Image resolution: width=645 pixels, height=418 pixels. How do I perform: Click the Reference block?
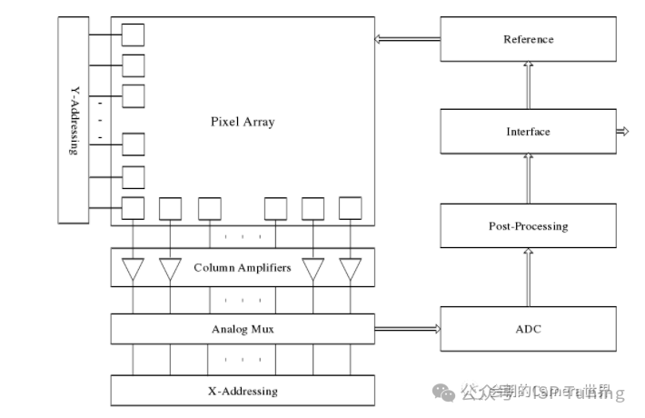[x=528, y=39]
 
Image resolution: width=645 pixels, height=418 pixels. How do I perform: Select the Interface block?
[x=528, y=132]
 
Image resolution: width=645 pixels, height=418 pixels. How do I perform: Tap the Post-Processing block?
[x=528, y=225]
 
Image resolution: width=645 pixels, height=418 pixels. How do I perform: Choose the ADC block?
[x=528, y=329]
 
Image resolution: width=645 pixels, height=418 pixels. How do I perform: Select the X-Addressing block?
[x=242, y=391]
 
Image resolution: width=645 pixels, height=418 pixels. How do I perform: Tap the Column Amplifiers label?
[x=243, y=268]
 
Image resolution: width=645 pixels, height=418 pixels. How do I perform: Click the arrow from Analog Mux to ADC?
[x=407, y=329]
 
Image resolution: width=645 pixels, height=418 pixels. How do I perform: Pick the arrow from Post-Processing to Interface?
[x=528, y=179]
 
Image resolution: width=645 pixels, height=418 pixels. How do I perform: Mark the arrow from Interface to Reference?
[x=528, y=85]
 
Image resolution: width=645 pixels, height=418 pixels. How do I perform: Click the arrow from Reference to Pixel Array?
[x=407, y=39]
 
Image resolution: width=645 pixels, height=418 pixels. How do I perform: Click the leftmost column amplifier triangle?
[x=134, y=269]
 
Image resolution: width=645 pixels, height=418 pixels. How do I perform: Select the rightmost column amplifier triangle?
[x=350, y=269]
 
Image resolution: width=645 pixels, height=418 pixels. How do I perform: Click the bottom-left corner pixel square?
[x=134, y=208]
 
